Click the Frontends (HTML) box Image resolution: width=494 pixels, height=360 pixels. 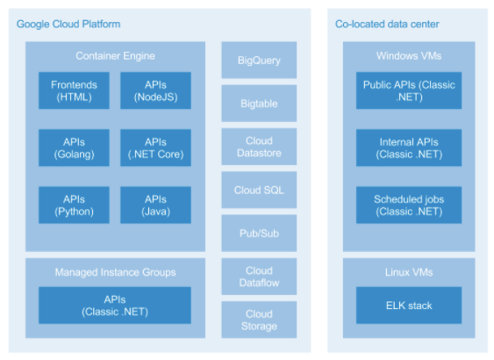74,90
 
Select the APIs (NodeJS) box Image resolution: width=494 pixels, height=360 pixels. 155,90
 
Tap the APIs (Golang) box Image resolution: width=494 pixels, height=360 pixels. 74,148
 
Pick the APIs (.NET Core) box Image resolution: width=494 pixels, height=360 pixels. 155,148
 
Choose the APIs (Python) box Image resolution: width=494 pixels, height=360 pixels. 74,205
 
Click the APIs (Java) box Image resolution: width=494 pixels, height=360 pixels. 155,205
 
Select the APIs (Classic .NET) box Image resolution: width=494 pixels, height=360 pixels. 115,306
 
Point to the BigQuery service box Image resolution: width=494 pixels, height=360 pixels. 259,60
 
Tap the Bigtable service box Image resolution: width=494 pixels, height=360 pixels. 259,103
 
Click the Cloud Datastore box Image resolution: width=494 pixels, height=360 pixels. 259,147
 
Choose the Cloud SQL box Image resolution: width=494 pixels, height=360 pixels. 259,190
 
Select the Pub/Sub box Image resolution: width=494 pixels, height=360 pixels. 259,234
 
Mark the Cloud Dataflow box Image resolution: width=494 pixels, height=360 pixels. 259,277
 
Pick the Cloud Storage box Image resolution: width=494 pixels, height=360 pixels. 259,320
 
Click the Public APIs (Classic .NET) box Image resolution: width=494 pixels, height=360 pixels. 409,90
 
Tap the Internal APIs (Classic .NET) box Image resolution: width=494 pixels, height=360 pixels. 409,148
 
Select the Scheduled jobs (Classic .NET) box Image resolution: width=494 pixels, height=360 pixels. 409,205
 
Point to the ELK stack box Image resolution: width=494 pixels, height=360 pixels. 409,306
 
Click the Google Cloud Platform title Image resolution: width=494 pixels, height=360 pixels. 68,24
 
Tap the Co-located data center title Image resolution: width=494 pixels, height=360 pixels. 387,24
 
